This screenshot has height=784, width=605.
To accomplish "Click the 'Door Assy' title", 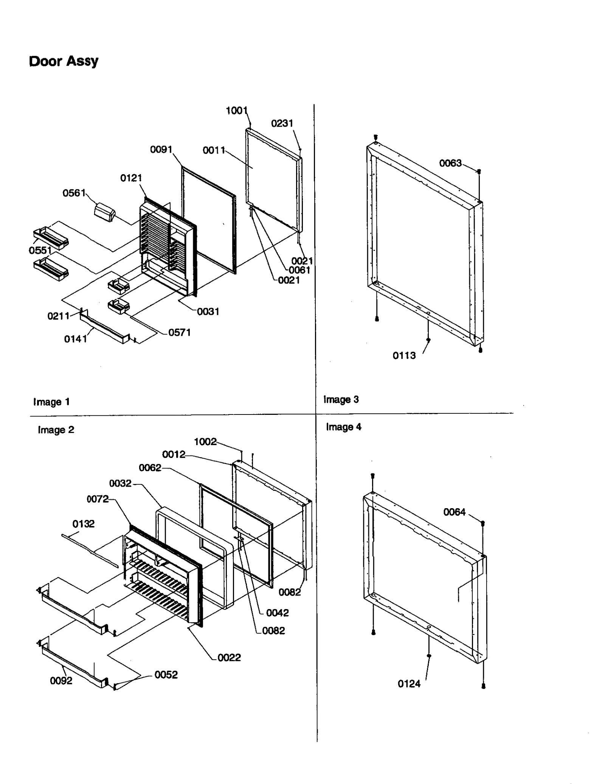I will (64, 61).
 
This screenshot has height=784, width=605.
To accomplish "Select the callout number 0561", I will (74, 193).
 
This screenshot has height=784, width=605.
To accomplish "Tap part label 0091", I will (161, 150).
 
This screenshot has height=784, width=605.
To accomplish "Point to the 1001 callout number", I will (236, 110).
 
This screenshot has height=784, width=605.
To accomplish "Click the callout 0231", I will (282, 123).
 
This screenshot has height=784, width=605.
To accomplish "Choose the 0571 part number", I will (179, 332).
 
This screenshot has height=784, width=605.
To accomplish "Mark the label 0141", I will (76, 339).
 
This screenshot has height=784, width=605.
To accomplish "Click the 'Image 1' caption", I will (51, 402).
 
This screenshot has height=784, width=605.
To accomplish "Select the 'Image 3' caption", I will (341, 399).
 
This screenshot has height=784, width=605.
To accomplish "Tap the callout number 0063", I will (450, 163).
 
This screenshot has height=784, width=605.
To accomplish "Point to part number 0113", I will (404, 356).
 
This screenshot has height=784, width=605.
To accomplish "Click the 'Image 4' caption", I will (343, 427).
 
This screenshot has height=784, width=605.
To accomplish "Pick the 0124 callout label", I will (409, 684).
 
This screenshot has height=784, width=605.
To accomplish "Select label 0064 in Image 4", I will (454, 512).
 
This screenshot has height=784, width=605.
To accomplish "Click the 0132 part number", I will (83, 524).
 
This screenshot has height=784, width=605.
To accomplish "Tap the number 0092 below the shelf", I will (61, 681).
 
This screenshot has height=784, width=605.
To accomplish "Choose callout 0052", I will (166, 675).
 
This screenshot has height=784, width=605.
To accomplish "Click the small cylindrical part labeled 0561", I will (105, 212).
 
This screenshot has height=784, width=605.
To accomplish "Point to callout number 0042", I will (277, 613).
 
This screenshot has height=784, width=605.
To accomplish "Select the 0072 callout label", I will (98, 499).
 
